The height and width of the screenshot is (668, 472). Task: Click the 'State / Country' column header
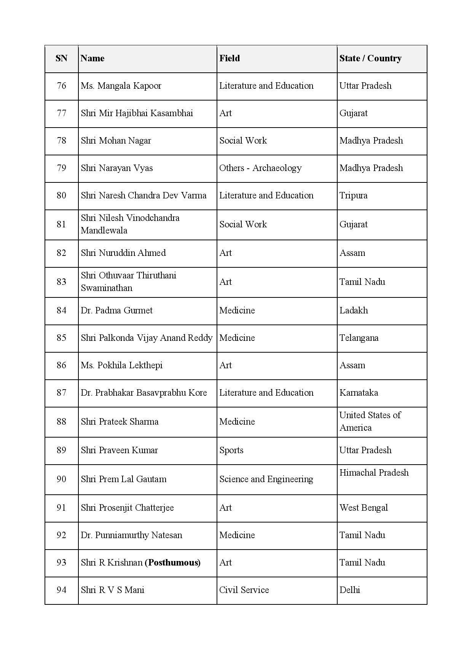(x=370, y=58)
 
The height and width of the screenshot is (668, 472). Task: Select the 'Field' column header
(x=230, y=58)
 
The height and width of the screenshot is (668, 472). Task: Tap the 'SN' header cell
(x=61, y=58)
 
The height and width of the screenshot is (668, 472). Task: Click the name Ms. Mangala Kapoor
(x=121, y=86)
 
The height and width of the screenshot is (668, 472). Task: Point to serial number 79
(x=61, y=168)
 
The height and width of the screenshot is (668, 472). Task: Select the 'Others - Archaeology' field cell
(x=260, y=168)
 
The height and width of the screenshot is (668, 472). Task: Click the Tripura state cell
(x=353, y=195)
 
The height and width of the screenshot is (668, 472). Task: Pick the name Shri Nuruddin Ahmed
(x=123, y=253)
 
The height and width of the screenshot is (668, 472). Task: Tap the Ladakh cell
(x=354, y=310)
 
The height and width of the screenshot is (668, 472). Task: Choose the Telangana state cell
(x=359, y=338)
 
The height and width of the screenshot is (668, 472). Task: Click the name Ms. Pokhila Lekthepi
(x=121, y=365)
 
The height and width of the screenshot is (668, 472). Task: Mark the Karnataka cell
(x=359, y=393)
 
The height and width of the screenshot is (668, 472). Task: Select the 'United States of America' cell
(x=370, y=421)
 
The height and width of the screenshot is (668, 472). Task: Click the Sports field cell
(x=231, y=450)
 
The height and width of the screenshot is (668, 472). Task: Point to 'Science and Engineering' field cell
(x=266, y=479)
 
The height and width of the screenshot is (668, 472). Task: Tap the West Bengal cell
(x=364, y=508)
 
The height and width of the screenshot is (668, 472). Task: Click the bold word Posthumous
(x=173, y=563)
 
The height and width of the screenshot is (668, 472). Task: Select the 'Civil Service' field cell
(x=244, y=590)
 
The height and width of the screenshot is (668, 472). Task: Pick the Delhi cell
(x=350, y=590)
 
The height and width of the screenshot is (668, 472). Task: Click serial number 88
(x=61, y=422)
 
